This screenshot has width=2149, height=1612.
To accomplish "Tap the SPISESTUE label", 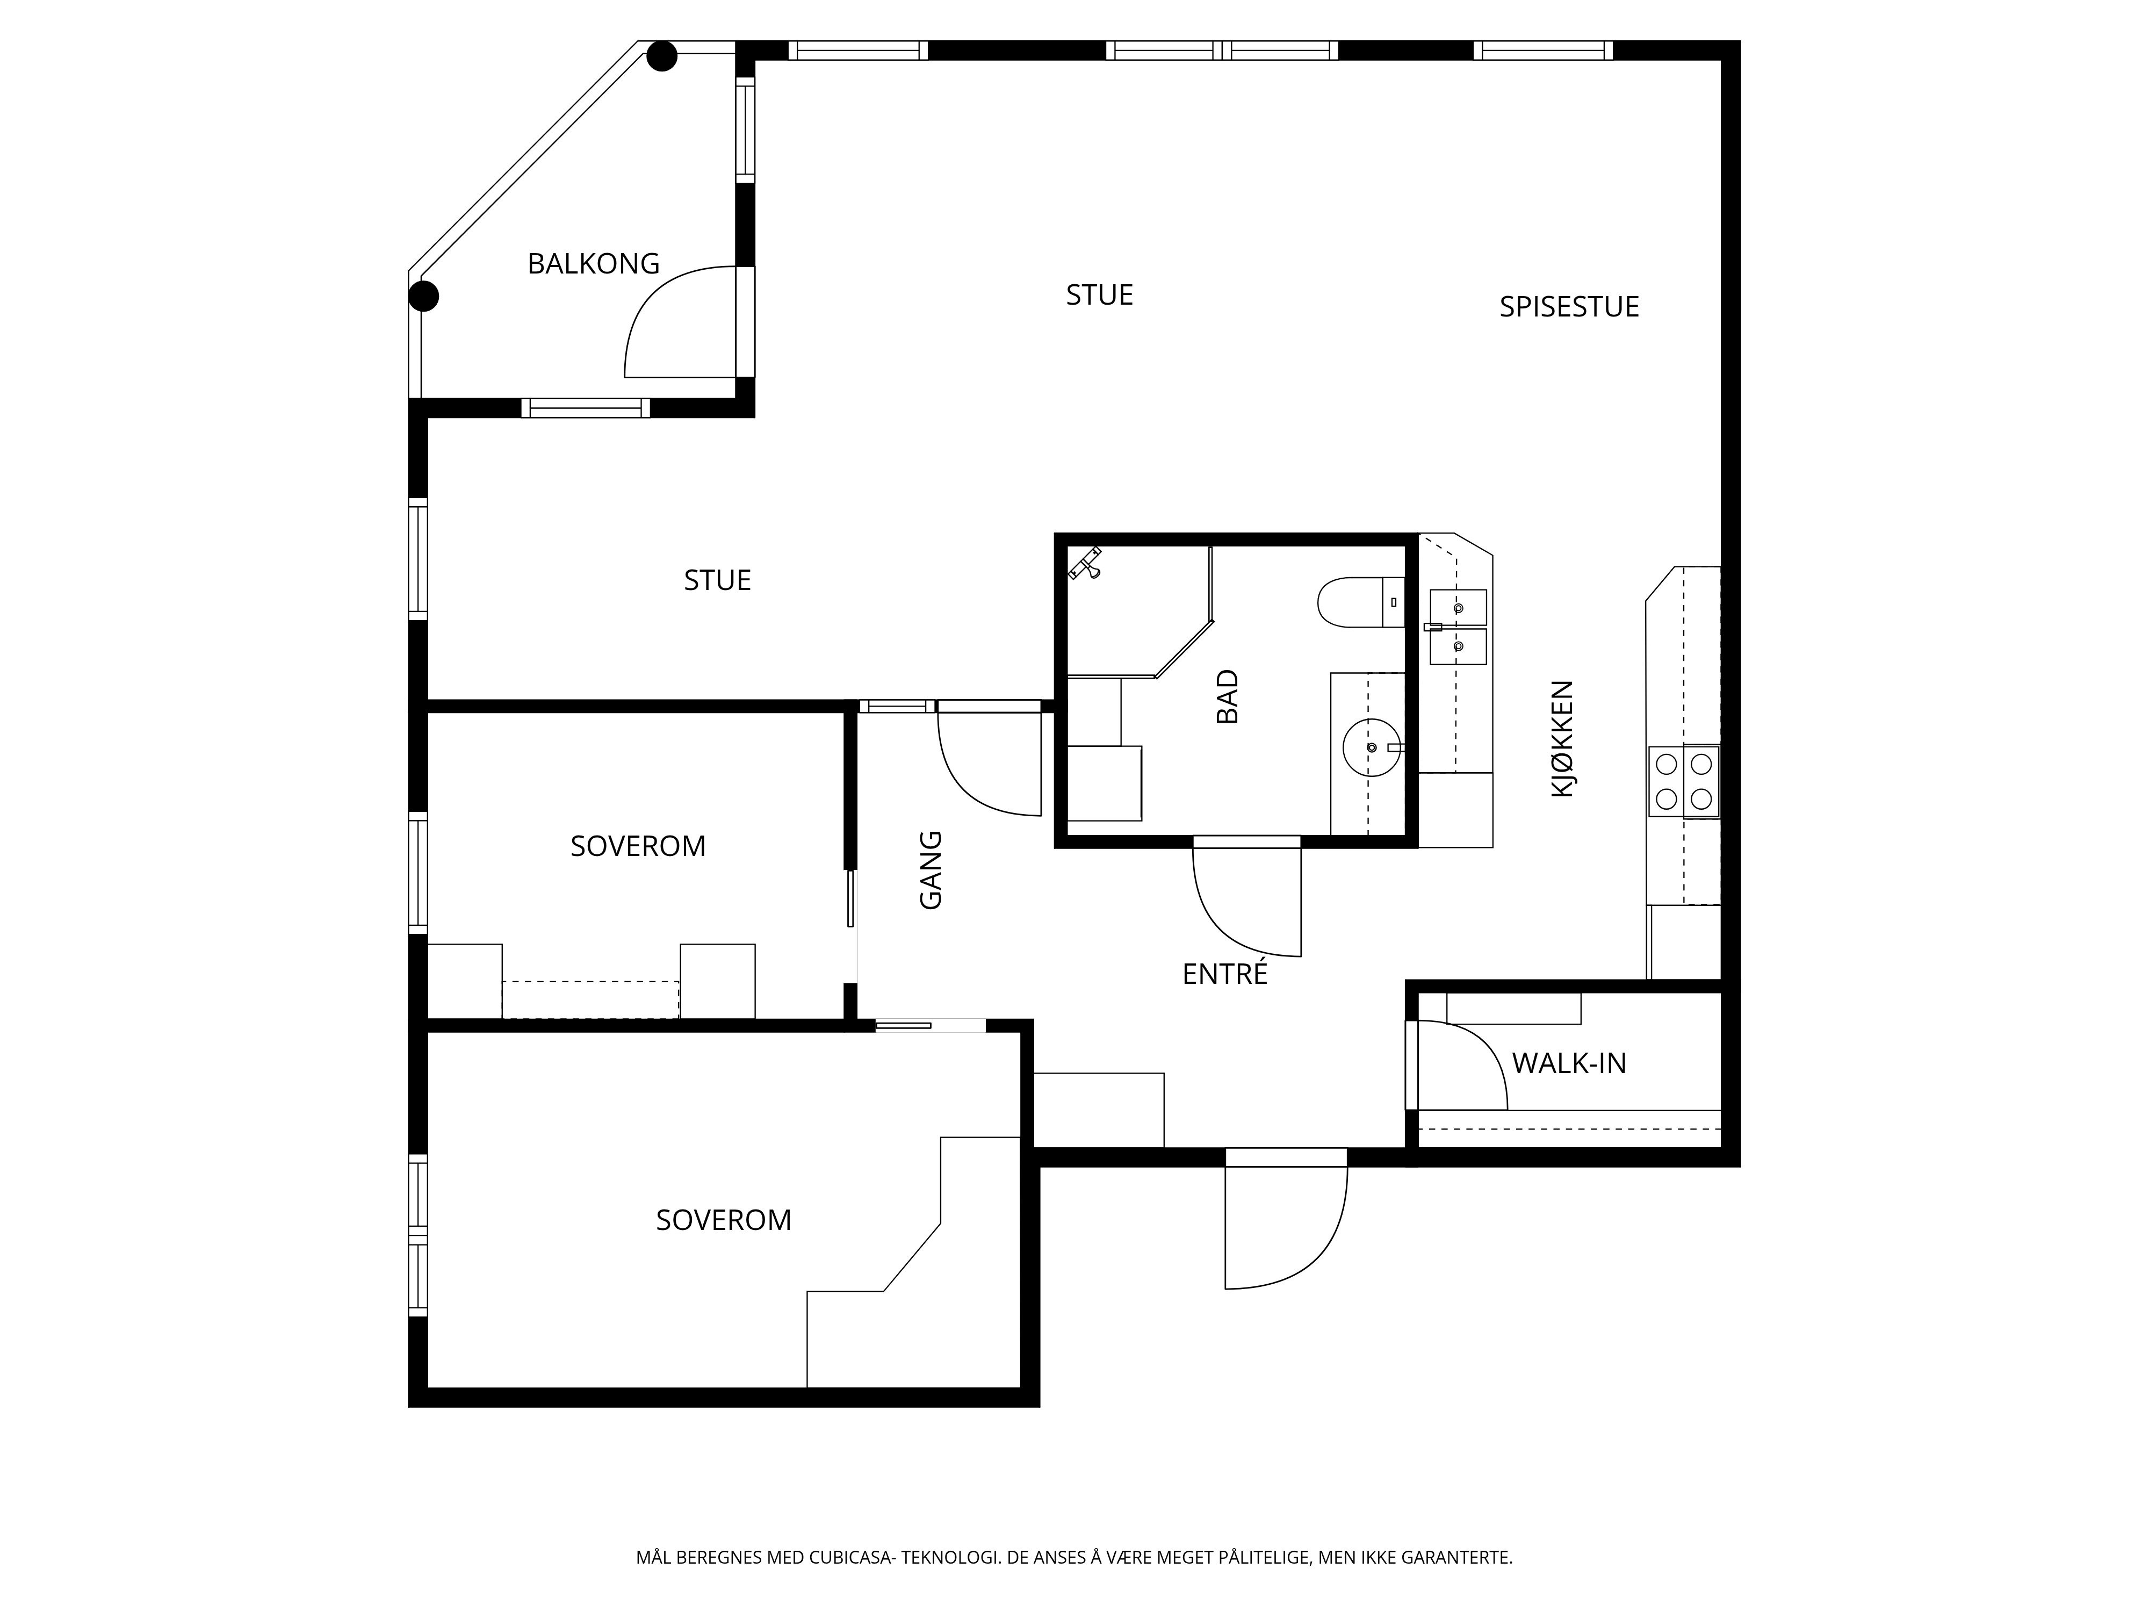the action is point(1569,307).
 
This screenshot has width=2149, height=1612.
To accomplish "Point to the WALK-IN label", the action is point(1569,1063).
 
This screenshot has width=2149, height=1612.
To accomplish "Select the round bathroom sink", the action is point(1372,747).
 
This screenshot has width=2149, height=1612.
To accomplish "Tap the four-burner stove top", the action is point(1684,780).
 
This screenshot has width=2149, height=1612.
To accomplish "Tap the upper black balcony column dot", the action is point(661,56).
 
